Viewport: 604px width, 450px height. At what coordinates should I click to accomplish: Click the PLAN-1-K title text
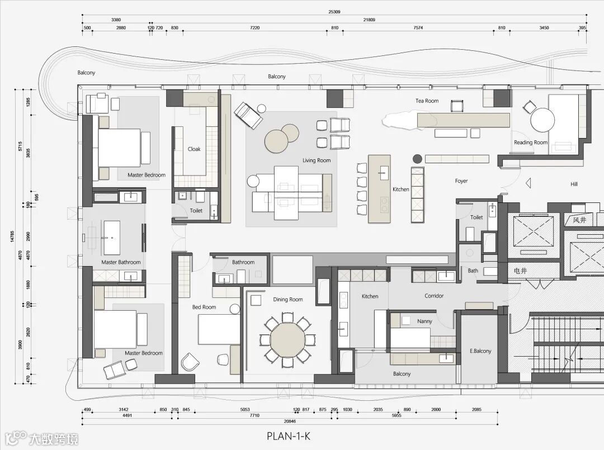pyautogui.click(x=289, y=436)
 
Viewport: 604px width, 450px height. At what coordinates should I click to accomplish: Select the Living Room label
pyautogui.click(x=316, y=160)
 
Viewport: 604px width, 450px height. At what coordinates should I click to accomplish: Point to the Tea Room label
pyautogui.click(x=427, y=101)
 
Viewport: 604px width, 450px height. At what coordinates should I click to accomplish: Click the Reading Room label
pyautogui.click(x=530, y=143)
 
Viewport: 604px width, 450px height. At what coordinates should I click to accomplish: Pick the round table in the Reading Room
pyautogui.click(x=542, y=120)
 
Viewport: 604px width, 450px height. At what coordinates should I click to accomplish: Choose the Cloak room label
pyautogui.click(x=194, y=149)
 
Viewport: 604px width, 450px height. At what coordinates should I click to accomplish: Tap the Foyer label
pyautogui.click(x=461, y=181)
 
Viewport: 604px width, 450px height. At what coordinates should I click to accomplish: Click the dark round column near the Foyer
pyautogui.click(x=417, y=159)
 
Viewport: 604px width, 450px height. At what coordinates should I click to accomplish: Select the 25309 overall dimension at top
pyautogui.click(x=334, y=12)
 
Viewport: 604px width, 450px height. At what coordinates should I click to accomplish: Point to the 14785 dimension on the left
pyautogui.click(x=12, y=236)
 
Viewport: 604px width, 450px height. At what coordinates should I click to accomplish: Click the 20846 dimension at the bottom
pyautogui.click(x=290, y=421)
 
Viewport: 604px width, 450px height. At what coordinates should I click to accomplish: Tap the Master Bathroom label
pyautogui.click(x=121, y=262)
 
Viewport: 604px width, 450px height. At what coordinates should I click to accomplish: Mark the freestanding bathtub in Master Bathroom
pyautogui.click(x=112, y=238)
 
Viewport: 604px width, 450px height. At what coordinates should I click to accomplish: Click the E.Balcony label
pyautogui.click(x=480, y=351)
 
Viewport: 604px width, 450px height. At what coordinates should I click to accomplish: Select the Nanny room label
pyautogui.click(x=424, y=321)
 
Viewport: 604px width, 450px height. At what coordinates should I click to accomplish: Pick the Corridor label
pyautogui.click(x=434, y=296)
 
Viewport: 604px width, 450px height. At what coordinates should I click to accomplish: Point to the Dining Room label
pyautogui.click(x=288, y=300)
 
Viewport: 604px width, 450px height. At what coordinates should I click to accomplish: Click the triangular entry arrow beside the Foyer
pyautogui.click(x=528, y=183)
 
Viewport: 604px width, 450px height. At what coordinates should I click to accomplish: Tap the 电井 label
pyautogui.click(x=520, y=271)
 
